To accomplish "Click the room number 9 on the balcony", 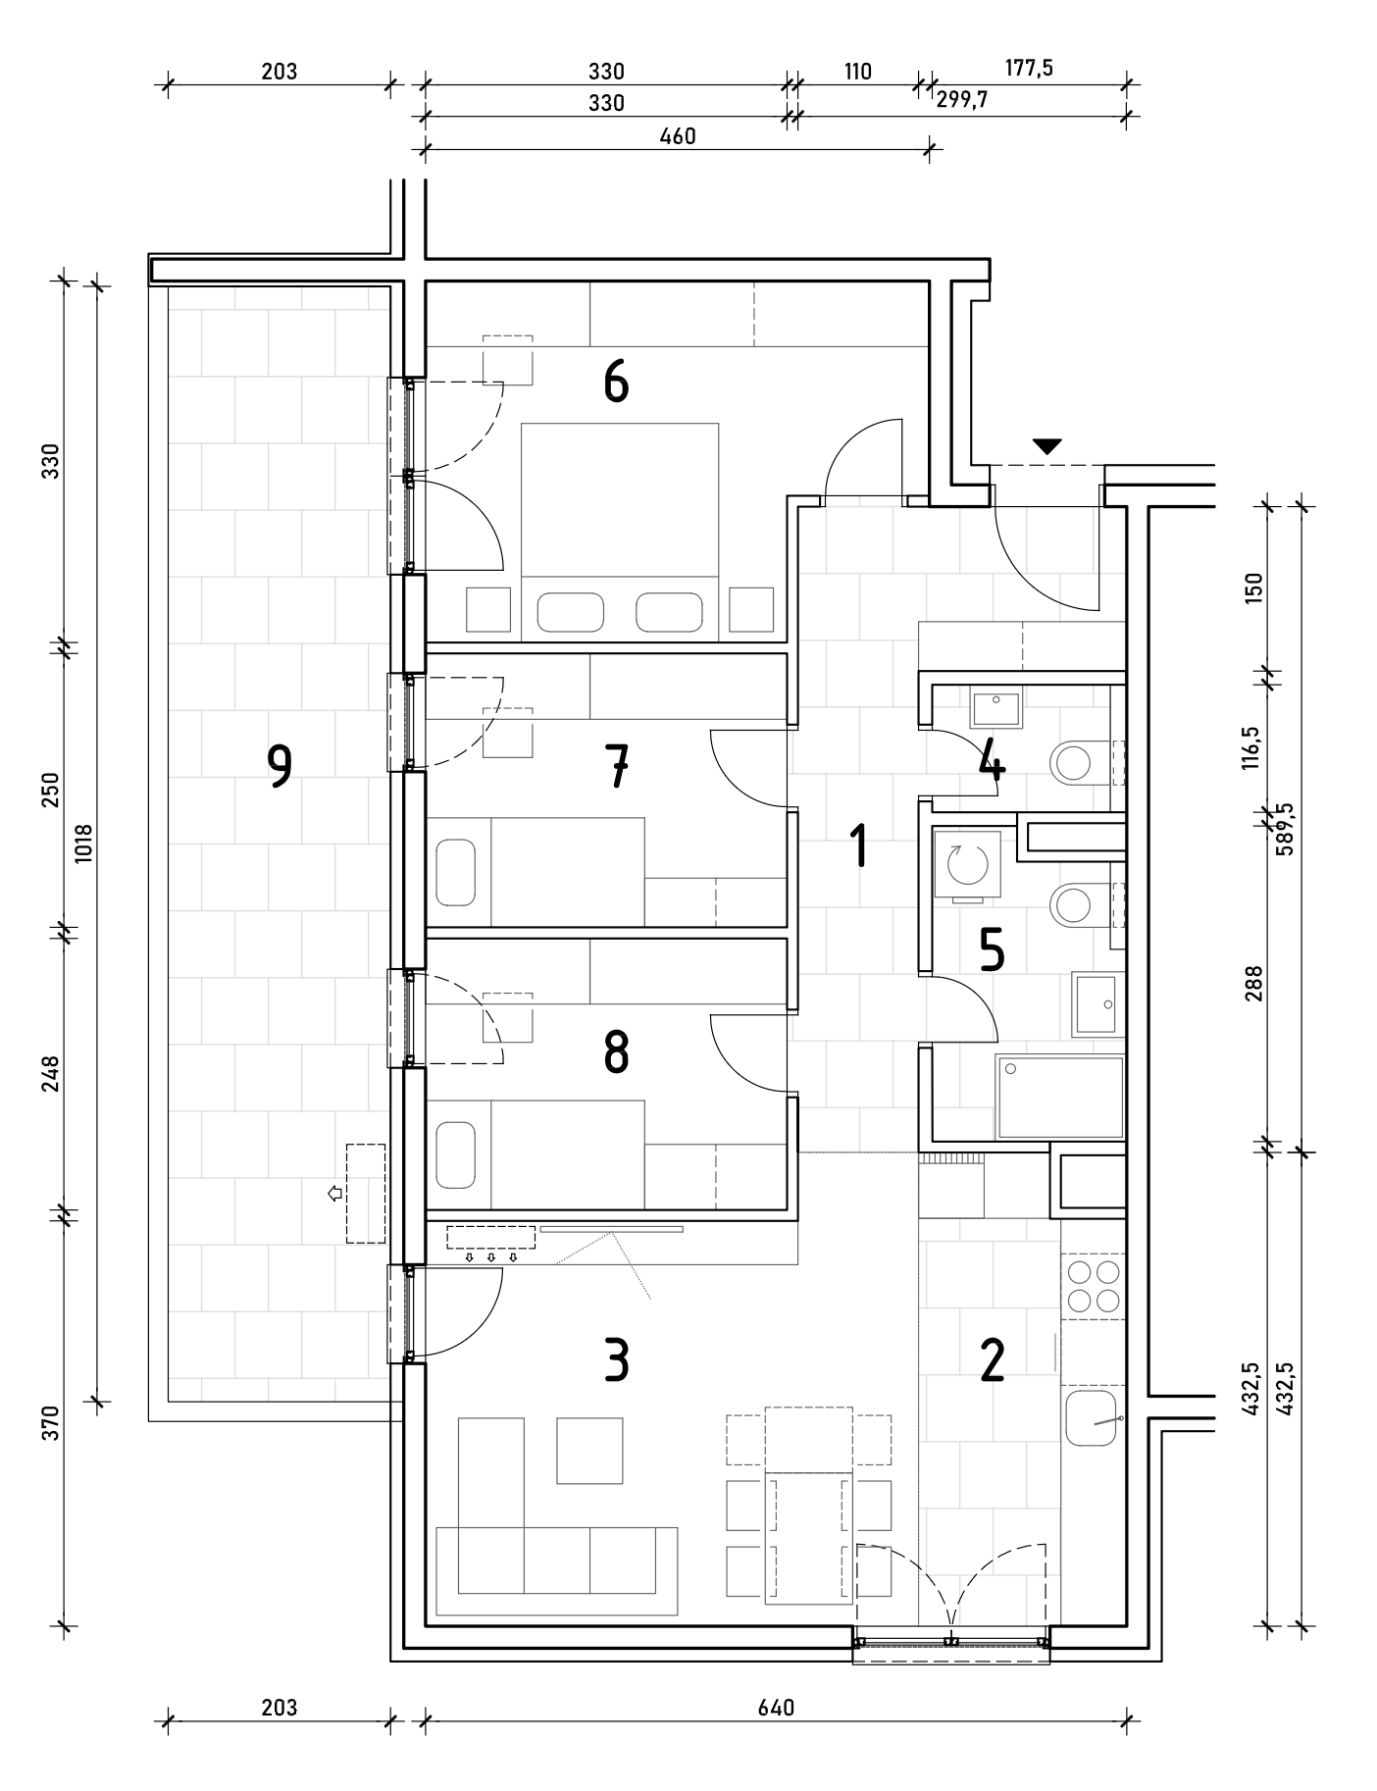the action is tap(280, 766).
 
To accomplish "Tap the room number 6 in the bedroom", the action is tap(616, 382).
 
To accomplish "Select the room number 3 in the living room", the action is tap(616, 1360).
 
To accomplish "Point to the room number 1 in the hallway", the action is tap(859, 845).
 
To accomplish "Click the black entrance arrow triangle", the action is tap(1047, 446).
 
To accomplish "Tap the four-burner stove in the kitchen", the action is tap(1094, 1286).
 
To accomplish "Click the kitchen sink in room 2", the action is tap(1091, 1416).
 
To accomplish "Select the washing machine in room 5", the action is tap(966, 866).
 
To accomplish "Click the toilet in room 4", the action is tap(1076, 761).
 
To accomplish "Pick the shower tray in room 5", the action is tap(1059, 1096).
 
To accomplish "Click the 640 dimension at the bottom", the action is tap(776, 1708).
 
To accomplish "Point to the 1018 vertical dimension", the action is tap(82, 843).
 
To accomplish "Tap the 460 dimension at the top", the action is tap(678, 136).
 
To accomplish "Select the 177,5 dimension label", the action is tap(1029, 69).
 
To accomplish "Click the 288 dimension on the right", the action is tap(1254, 984).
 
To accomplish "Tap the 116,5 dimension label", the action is tap(1250, 742).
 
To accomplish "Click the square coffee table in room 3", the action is tap(589, 1450).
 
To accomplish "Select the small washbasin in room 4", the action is tap(995, 707).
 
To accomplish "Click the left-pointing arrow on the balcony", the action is tap(334, 1194).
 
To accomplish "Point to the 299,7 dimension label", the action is tap(962, 99).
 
